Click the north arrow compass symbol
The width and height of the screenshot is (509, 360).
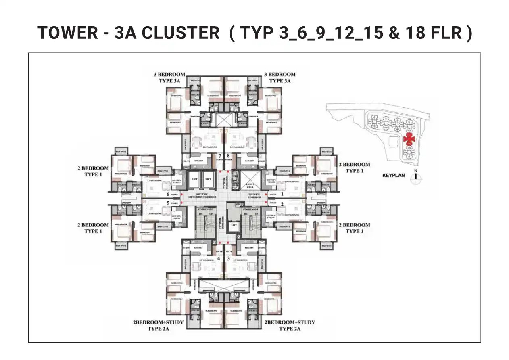[415, 178]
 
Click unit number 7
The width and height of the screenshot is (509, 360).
[220, 155]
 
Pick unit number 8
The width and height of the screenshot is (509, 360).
[228, 155]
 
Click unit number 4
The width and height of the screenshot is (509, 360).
[219, 258]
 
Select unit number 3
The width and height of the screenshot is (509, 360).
[228, 258]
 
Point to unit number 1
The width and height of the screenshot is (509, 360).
[282, 194]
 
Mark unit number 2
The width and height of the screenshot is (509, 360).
[282, 204]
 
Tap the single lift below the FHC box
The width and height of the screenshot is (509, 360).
[234, 226]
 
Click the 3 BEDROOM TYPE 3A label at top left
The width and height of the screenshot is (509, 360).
[169, 77]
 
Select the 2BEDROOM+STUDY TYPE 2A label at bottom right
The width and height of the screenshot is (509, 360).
[289, 326]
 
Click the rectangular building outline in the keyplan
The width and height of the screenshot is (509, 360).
[392, 142]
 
